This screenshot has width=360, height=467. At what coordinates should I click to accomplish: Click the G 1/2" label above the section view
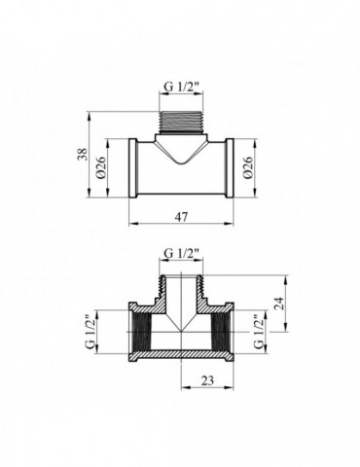[x=181, y=256]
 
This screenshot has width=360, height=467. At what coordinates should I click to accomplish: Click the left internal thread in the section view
[x=142, y=332]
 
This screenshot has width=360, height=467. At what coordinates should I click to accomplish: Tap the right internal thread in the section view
[x=220, y=332]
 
